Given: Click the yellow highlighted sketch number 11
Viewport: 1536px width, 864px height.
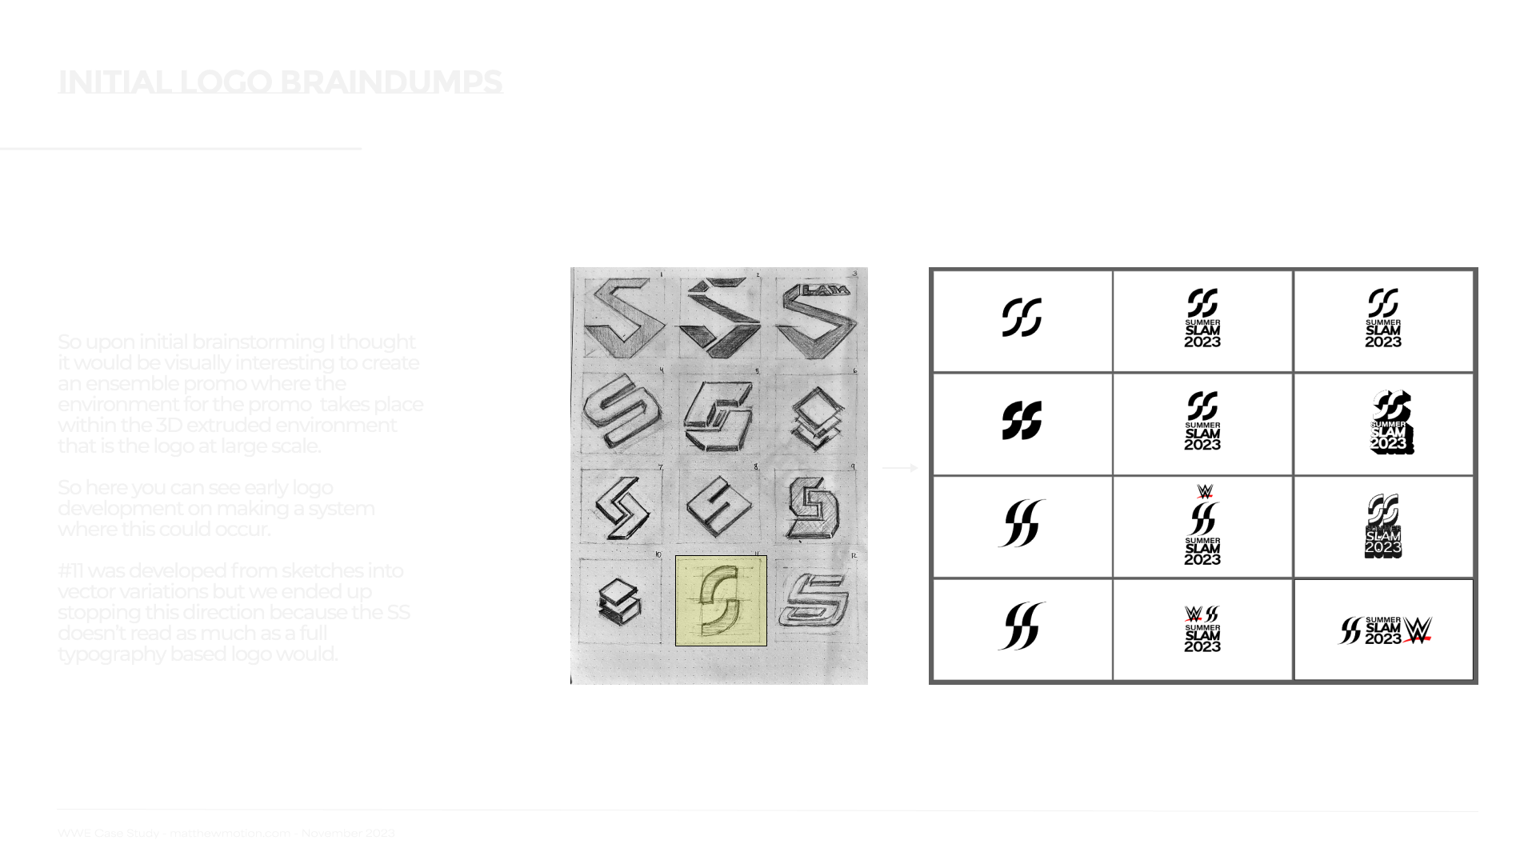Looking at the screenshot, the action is coord(721,600).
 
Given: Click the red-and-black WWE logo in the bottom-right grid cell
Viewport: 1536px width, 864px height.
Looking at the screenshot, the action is coord(1418,630).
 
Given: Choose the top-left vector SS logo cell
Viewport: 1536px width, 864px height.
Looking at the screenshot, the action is coord(1022,318).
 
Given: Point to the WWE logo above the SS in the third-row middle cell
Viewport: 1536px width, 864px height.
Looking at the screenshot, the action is coord(1205,491).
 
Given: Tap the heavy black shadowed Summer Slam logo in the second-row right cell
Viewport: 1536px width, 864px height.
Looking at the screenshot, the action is coord(1390,422).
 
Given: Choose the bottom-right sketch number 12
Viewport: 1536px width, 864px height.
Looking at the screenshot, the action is coord(815,600).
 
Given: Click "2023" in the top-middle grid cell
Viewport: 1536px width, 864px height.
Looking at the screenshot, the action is coord(1202,342).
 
